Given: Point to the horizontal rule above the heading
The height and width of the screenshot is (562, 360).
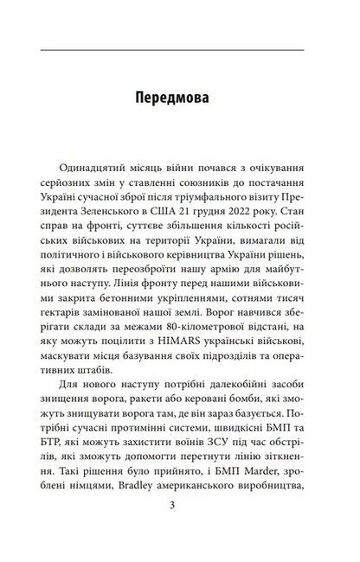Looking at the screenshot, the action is click(x=179, y=51).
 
